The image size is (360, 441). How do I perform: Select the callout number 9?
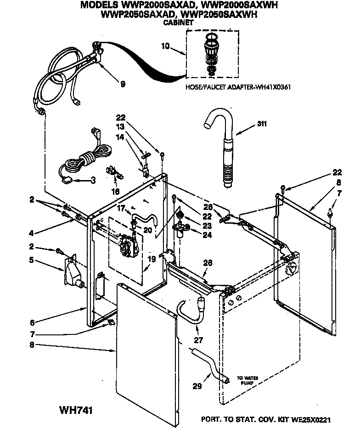[x=123, y=84]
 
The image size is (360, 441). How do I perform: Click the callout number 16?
[x=115, y=191]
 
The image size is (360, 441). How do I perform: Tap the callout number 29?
[x=197, y=387]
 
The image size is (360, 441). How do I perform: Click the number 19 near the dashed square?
[x=152, y=260]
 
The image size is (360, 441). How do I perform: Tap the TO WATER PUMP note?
[x=247, y=380]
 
